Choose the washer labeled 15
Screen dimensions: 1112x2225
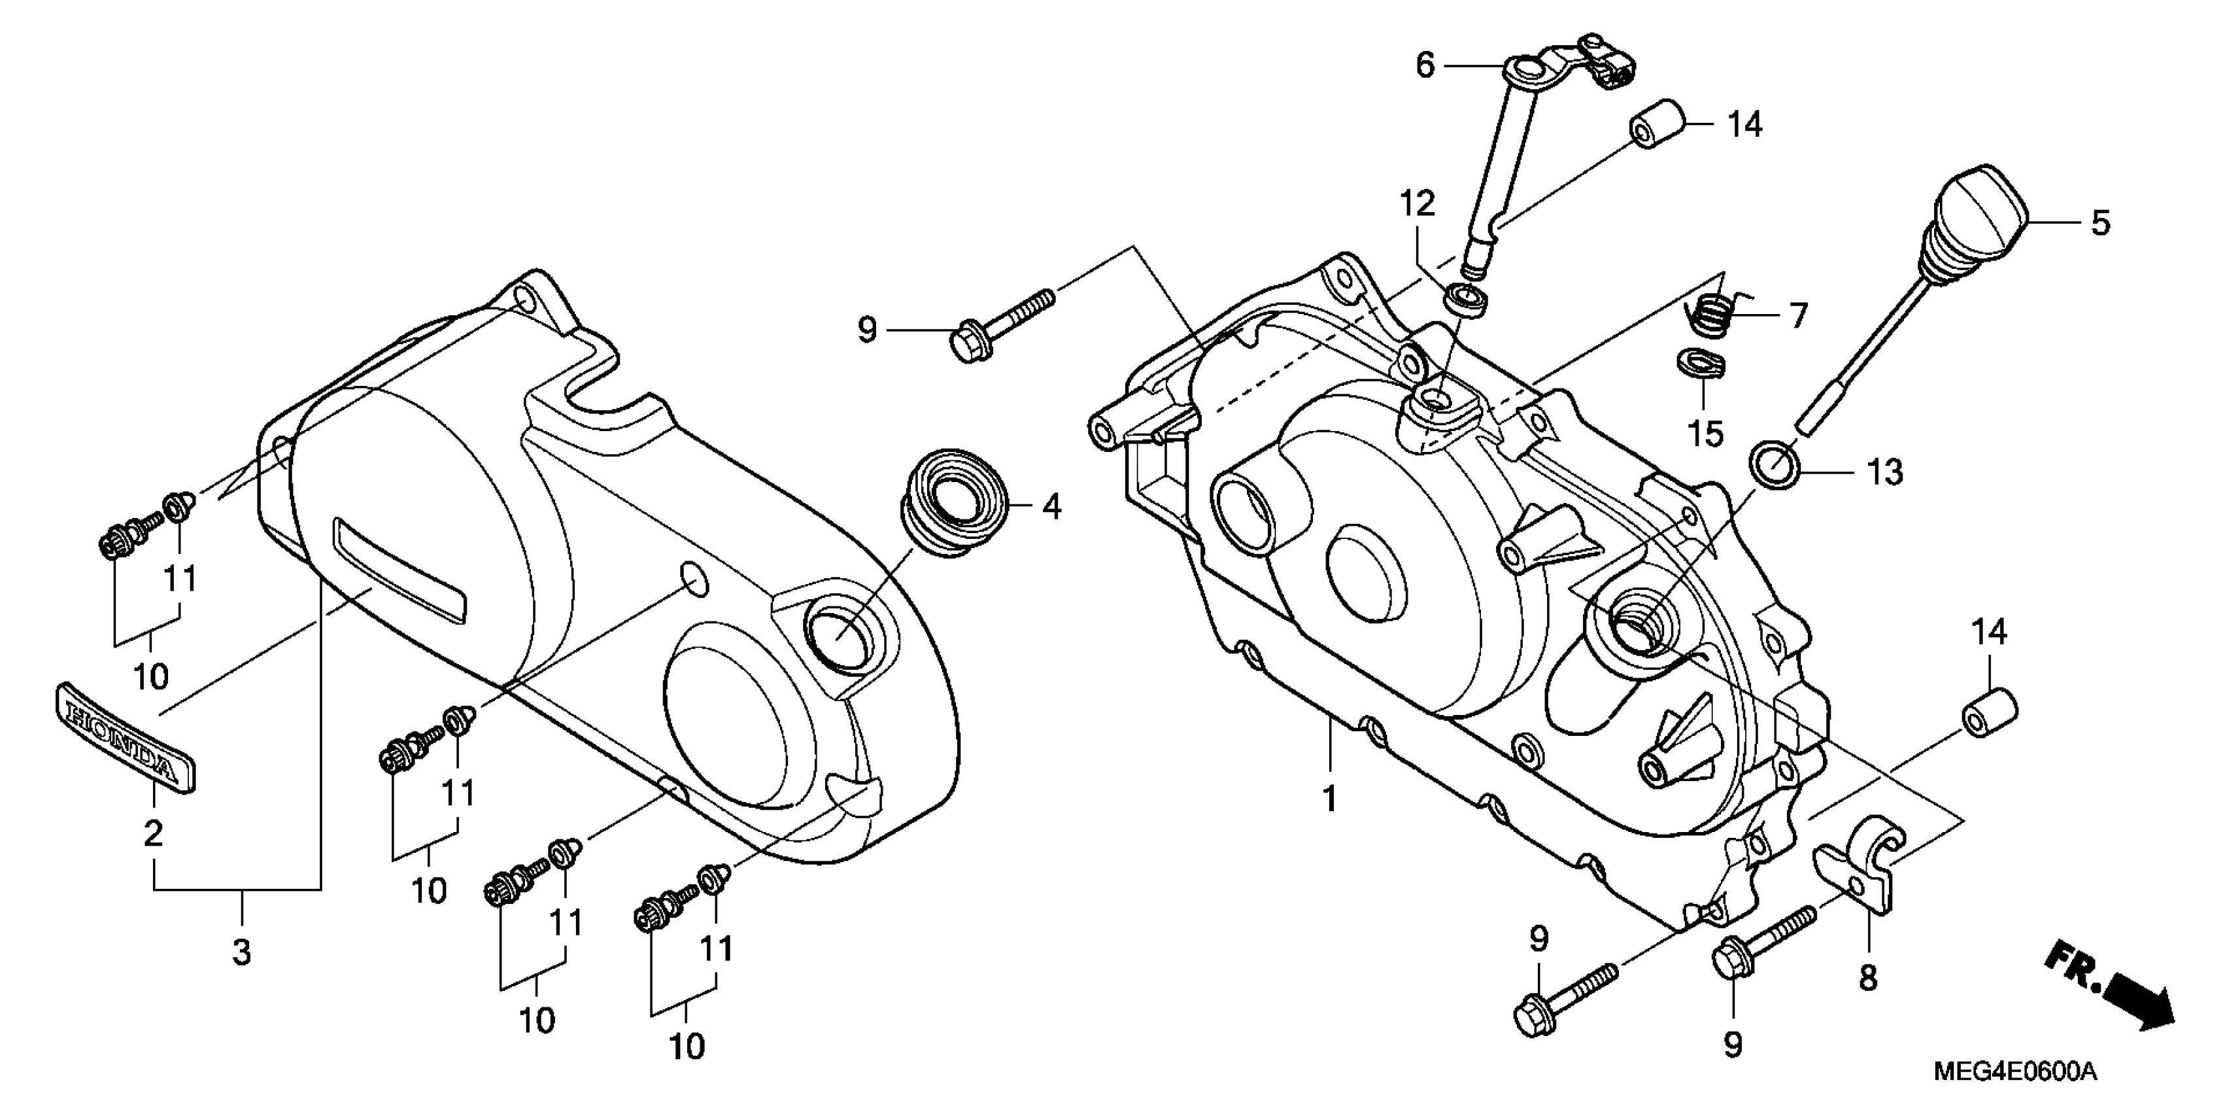point(1701,363)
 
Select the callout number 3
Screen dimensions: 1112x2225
point(242,951)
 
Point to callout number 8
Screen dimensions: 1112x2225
point(1867,979)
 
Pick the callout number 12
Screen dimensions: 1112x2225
point(1418,204)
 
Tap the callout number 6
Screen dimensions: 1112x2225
point(1424,65)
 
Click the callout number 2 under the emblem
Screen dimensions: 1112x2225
point(153,834)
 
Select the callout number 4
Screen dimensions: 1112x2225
point(1051,507)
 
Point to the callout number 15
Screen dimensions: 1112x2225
point(1705,433)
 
